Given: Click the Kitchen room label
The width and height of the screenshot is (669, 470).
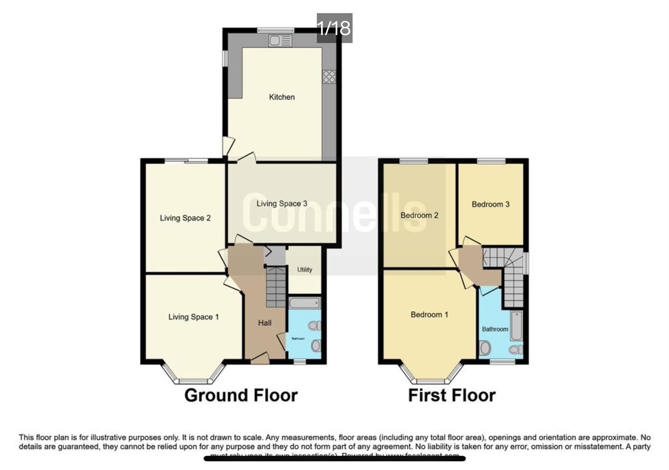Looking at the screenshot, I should (x=281, y=97).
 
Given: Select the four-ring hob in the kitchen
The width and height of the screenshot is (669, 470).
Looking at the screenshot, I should (x=329, y=77).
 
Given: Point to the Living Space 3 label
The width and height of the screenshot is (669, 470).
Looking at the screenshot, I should (x=281, y=204).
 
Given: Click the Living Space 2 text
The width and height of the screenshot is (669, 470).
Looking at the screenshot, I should (x=185, y=218).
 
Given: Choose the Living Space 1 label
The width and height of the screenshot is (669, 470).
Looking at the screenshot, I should (x=193, y=317).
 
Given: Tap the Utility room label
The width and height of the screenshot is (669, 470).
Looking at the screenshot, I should (x=304, y=270).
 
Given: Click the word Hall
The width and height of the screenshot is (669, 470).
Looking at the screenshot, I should (x=264, y=323).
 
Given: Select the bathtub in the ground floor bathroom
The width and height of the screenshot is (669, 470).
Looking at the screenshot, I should (x=304, y=303).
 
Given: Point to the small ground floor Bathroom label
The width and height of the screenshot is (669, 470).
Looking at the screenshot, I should (x=298, y=339).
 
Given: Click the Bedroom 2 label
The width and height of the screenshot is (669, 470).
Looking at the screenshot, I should (x=419, y=215).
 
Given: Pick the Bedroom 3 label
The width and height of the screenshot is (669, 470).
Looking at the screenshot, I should (x=490, y=205).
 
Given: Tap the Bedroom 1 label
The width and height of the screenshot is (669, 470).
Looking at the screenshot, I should (x=429, y=315).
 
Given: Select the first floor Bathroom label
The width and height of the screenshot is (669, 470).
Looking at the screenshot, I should (x=495, y=329).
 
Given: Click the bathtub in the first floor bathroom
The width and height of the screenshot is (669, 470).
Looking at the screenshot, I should (x=516, y=326).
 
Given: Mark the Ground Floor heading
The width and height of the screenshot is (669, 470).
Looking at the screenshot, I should (x=241, y=396).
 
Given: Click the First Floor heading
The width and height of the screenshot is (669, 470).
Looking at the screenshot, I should (x=452, y=396).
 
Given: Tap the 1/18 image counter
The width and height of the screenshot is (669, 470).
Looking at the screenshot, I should (x=334, y=28).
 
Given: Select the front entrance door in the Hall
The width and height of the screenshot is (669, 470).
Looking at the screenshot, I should (x=260, y=359).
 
